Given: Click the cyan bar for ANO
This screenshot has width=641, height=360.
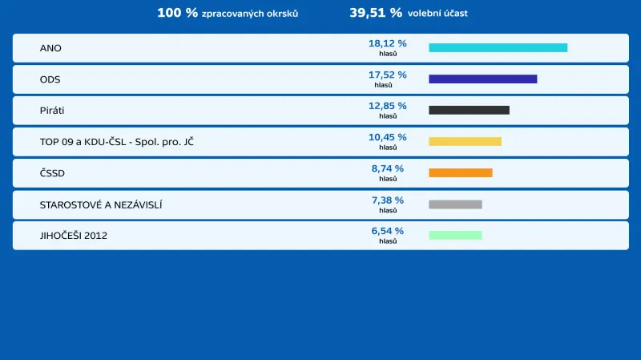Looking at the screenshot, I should point(498,48).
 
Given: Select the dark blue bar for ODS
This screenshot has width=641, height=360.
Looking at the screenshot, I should point(482,79).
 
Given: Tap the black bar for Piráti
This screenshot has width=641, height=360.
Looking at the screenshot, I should point(469,111).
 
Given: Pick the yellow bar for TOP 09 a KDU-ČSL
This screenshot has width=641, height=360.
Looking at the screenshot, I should point(465,142).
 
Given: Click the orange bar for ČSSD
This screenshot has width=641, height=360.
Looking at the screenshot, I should point(460,173).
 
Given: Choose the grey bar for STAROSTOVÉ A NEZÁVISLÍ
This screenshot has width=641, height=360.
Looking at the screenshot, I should point(455,204).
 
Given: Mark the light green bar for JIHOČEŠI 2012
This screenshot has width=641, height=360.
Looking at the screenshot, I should point(455,236).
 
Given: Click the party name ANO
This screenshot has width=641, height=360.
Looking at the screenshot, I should point(50,48).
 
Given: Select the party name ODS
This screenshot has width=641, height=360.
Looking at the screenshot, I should point(50,79).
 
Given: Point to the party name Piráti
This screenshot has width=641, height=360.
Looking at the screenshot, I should point(53,111).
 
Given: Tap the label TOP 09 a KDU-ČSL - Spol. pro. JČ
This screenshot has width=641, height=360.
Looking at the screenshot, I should point(116,142).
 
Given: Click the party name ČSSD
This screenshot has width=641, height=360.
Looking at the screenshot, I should point(52,173).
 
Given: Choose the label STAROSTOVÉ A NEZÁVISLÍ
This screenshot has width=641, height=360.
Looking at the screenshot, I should point(101,204).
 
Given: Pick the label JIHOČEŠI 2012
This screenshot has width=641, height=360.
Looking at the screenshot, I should point(74,236).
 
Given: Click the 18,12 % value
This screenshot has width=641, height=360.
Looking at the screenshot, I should point(387,43).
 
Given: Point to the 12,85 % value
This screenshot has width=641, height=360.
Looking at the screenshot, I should point(387,106).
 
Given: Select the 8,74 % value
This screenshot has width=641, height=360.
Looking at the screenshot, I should point(387,168).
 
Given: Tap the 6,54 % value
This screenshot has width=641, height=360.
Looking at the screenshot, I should point(387,231).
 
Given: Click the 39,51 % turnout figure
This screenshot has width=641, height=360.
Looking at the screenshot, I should point(376,13).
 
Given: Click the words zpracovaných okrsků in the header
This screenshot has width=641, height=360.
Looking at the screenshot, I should point(250,14).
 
